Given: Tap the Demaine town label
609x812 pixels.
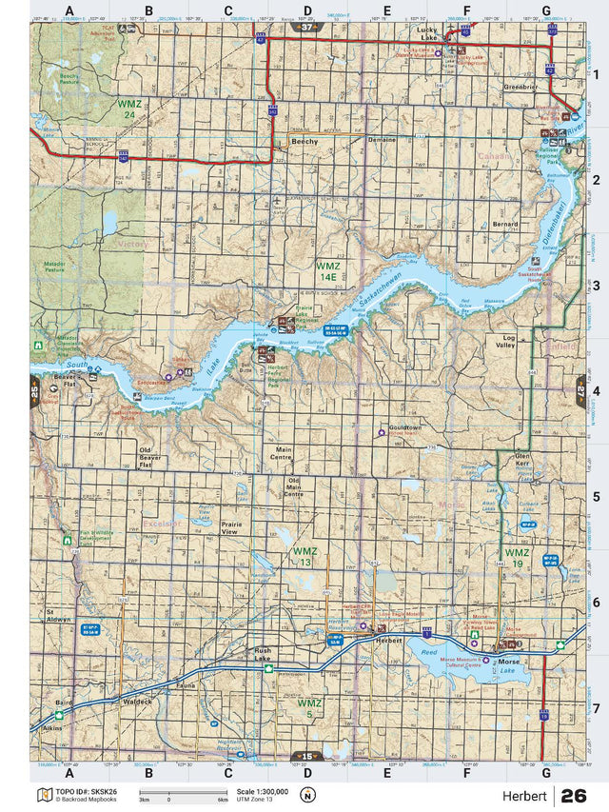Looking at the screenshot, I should pyautogui.click(x=382, y=139).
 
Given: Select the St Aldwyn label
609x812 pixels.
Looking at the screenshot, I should pyautogui.click(x=58, y=615).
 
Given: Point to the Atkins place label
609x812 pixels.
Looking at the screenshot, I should pyautogui.click(x=53, y=726).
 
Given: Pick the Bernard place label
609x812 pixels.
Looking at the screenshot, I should pyautogui.click(x=505, y=225).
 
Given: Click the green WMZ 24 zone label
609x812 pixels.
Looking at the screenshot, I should pyautogui.click(x=128, y=108).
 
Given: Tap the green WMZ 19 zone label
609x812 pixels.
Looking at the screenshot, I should pyautogui.click(x=517, y=557).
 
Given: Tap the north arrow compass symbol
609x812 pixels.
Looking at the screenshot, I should pyautogui.click(x=306, y=795).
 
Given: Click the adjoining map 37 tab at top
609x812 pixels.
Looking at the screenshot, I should pyautogui.click(x=304, y=29).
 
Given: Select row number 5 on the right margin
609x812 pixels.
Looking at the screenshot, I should pyautogui.click(x=595, y=496).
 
